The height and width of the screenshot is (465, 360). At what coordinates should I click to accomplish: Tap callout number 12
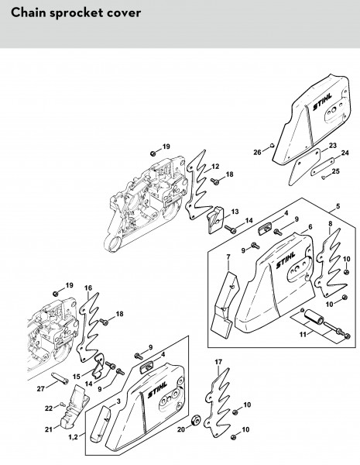tap(215, 167)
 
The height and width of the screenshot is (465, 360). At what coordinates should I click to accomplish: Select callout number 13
tap(235, 212)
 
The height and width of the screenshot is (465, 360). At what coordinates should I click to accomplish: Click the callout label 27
tap(40, 388)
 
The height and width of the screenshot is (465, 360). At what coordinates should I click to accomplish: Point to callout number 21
tap(49, 429)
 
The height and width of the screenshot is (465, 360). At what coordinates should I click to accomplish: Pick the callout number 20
tap(181, 429)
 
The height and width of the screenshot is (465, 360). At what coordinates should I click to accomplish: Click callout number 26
tap(257, 152)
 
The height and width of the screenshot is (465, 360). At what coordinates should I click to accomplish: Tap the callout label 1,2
tap(73, 437)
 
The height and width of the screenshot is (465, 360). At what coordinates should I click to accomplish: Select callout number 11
tap(303, 334)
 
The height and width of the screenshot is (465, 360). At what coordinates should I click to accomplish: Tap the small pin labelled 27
tap(60, 377)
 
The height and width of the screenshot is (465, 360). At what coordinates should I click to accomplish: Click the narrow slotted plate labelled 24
tap(323, 167)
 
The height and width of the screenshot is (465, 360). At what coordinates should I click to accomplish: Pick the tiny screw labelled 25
tap(324, 177)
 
